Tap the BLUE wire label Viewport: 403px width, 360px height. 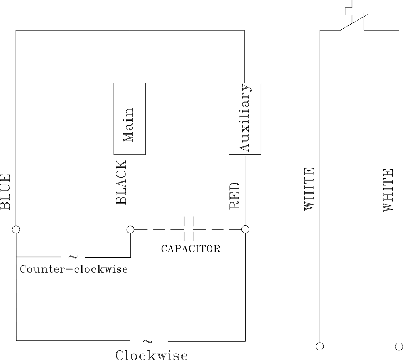point(5,192)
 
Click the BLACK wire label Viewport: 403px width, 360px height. point(121,182)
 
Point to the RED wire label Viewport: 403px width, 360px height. point(234,196)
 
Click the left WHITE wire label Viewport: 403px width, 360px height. point(309,189)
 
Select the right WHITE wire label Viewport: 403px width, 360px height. point(388,190)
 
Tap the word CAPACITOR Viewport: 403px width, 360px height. point(191,249)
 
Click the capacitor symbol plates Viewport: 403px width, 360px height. point(188,229)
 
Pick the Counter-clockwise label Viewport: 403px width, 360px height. point(74,269)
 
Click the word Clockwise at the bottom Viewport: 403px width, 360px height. point(152,355)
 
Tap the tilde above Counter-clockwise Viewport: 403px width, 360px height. point(73,257)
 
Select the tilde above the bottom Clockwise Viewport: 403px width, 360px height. point(148,341)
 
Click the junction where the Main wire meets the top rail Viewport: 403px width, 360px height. point(129,30)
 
